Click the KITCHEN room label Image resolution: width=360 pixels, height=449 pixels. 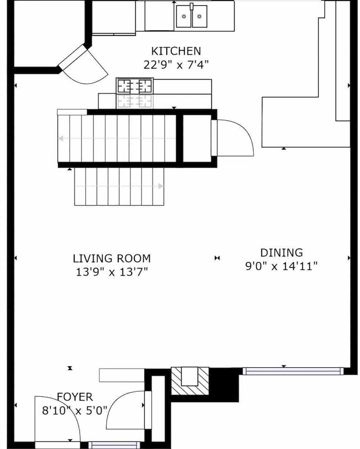point(176,51)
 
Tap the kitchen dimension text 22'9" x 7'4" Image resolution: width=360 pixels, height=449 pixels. point(176,65)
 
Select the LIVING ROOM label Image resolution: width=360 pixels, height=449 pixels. point(112,259)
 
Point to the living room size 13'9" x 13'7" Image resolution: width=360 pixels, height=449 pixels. point(112,272)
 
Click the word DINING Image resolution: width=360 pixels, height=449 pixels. point(281,253)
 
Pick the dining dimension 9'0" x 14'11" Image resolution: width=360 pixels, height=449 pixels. point(281,266)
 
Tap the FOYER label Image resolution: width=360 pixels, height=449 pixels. point(75,397)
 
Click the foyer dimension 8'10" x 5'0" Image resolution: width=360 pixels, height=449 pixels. point(75,410)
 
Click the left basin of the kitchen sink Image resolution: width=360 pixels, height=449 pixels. point(183,16)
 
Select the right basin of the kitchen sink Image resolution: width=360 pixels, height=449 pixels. point(200,16)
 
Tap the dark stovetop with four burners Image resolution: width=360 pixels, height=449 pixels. point(134,86)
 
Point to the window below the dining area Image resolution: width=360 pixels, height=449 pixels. point(293,371)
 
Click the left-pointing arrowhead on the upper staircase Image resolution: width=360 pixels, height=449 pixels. point(61,139)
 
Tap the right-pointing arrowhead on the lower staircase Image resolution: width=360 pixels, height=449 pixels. point(161,186)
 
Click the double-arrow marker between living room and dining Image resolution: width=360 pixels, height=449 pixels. point(217,258)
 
